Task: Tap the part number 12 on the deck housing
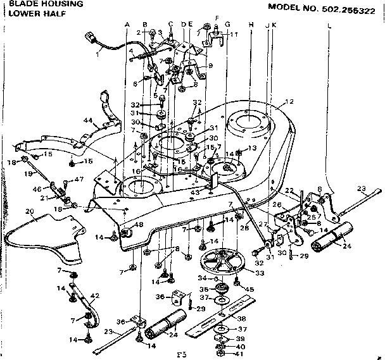tap(290, 102)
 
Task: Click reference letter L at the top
tap(329, 26)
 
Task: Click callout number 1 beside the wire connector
tap(98, 54)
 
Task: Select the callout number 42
tap(96, 295)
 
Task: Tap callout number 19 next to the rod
tap(27, 173)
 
